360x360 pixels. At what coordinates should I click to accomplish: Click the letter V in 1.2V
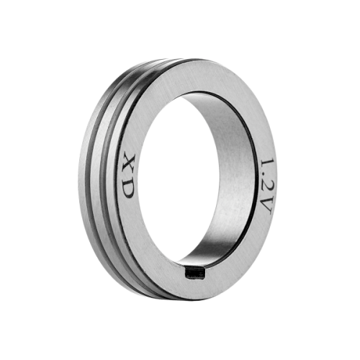(x=266, y=206)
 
